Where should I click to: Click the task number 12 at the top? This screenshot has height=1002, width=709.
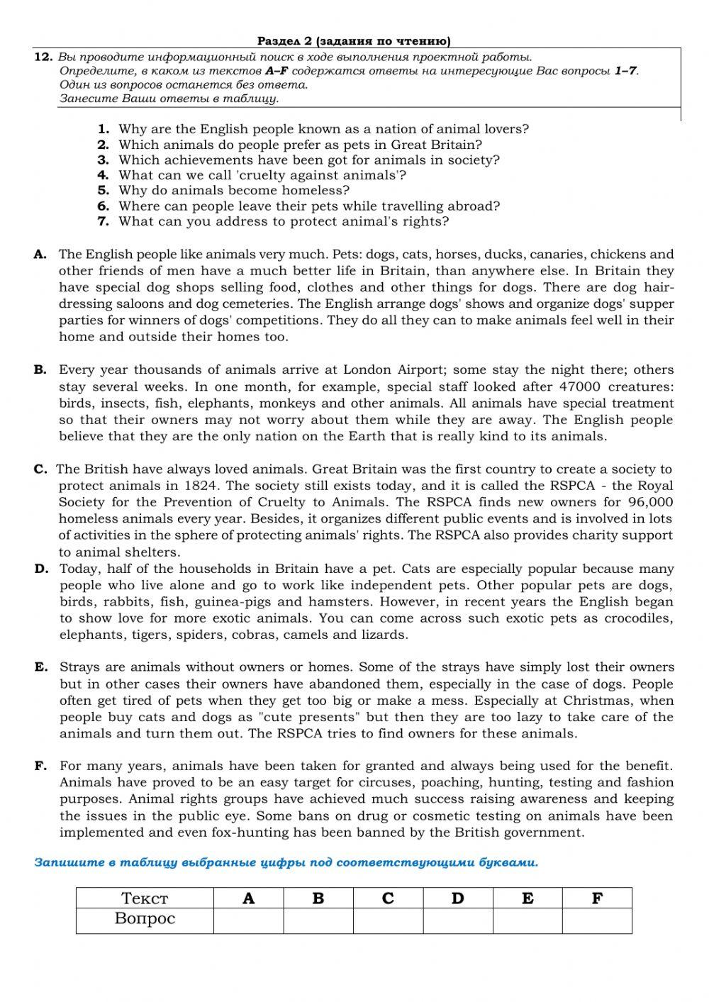[42, 57]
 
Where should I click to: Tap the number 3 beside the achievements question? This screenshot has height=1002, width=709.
[103, 160]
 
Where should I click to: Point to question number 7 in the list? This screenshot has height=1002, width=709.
[103, 221]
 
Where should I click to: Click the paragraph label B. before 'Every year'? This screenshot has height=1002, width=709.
[40, 369]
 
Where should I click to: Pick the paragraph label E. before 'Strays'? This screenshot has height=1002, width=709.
[41, 667]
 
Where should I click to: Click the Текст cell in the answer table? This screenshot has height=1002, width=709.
[145, 898]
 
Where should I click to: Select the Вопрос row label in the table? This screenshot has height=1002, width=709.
[145, 919]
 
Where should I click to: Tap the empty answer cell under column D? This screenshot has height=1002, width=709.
[457, 920]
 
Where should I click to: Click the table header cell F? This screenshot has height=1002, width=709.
[597, 898]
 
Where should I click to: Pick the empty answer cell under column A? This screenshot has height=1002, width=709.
[248, 920]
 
